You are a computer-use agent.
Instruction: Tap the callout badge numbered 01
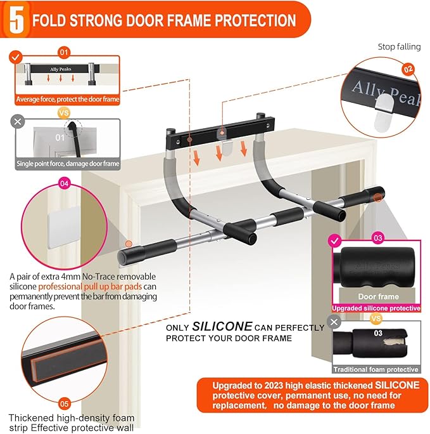[64, 52]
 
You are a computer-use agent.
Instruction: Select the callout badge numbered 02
[408, 69]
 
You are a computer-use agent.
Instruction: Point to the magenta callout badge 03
[378, 238]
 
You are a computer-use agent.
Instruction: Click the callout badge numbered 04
[64, 183]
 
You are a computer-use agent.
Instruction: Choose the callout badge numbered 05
[64, 403]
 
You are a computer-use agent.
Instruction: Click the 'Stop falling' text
[398, 47]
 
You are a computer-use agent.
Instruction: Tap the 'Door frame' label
[378, 296]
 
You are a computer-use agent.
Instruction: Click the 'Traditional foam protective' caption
[377, 369]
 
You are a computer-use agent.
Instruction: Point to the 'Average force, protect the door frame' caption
[68, 99]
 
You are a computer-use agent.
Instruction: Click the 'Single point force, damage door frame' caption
[68, 164]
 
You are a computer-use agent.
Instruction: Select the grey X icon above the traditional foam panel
[335, 324]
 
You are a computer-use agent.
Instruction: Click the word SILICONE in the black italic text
[222, 325]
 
